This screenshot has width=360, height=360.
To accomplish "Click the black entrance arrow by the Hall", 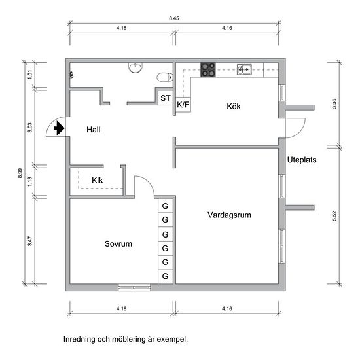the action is point(59,128).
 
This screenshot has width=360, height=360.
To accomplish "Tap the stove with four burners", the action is point(208,69).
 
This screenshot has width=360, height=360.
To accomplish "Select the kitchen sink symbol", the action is point(244,69).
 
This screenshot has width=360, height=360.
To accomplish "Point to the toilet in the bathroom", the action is point(165,77).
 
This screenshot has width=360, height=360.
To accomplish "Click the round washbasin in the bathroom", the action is point(135,67).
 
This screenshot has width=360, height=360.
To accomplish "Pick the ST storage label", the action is point(166,98).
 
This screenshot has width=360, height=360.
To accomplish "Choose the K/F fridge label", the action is point(183,105).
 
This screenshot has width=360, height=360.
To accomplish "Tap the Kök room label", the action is point(234,106).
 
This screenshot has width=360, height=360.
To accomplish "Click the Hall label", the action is point(94,130).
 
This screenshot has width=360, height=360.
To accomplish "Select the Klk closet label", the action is point(98,180).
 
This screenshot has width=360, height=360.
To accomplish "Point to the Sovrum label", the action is point(118,243).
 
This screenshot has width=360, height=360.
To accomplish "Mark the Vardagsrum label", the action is point(229,215).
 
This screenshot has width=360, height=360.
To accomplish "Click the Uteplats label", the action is point(302,160).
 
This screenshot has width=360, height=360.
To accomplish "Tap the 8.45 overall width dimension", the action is point(174,18).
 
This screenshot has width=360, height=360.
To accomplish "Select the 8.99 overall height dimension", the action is point(20,173).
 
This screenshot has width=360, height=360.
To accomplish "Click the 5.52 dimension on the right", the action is point(334,216).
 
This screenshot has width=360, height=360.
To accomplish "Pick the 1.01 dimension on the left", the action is point(30,75).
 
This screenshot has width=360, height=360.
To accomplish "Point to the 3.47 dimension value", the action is point(30,241).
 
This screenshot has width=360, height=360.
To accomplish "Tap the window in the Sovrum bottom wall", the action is point(134,287).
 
